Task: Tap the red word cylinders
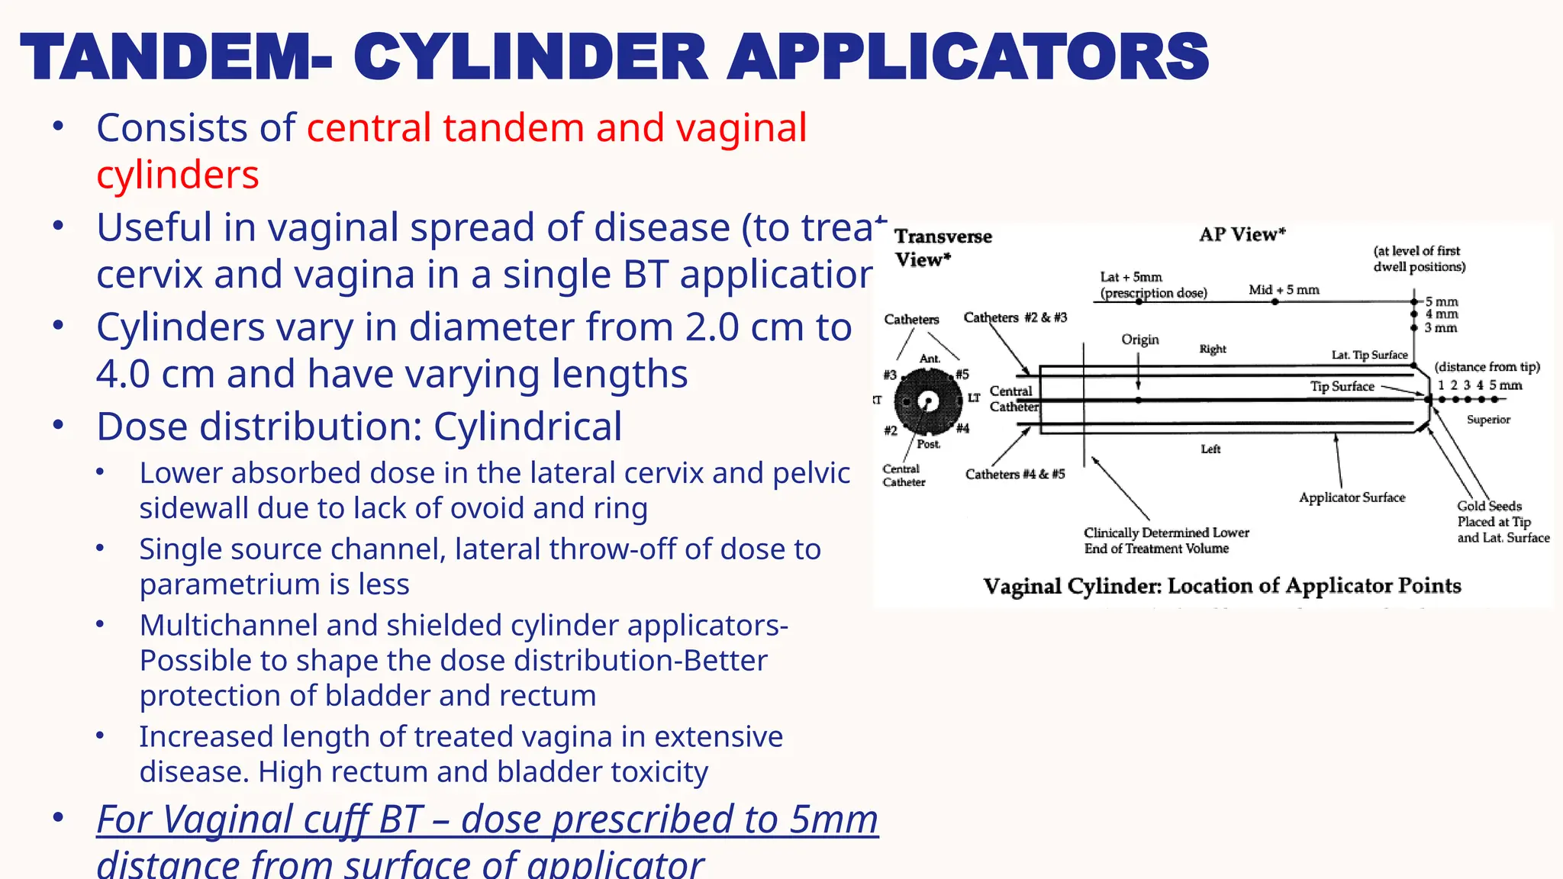pos(177,175)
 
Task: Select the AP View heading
pos(1242,234)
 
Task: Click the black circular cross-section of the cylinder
pos(927,401)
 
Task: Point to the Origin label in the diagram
pos(1139,340)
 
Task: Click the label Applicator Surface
pos(1352,497)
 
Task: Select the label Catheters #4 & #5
pos(1014,474)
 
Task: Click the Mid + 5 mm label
pos(1284,290)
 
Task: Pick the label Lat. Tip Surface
pos(1369,355)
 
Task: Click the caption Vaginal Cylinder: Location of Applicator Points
pos(1221,586)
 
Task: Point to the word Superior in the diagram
pos(1487,420)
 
